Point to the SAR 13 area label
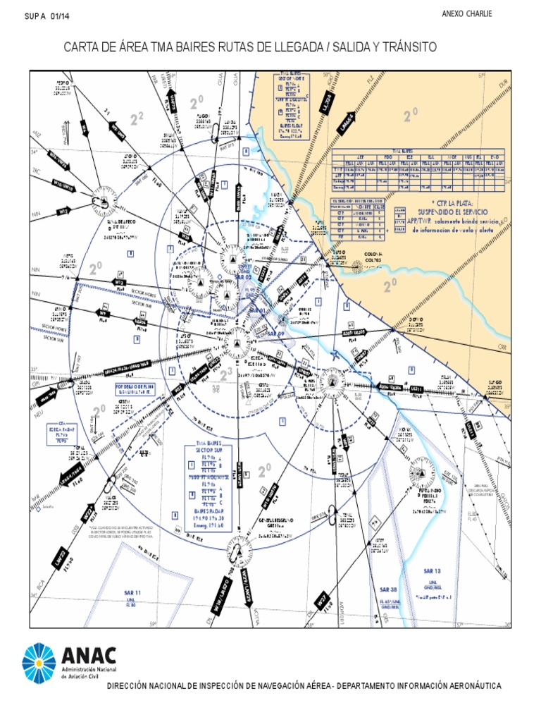click(x=432, y=571)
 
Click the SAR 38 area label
click(x=389, y=589)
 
